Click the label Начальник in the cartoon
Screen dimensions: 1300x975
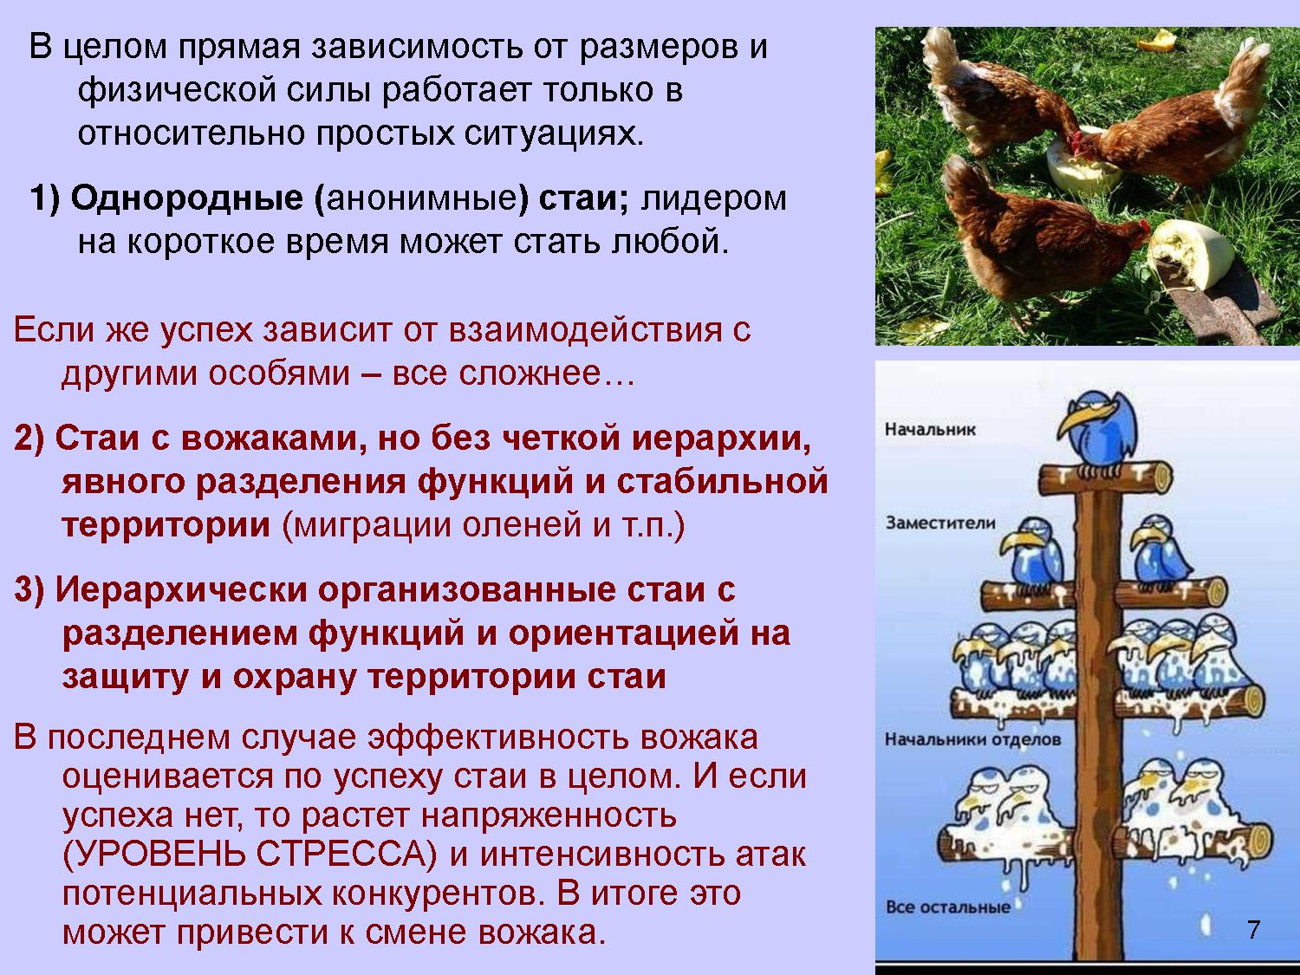[x=929, y=429]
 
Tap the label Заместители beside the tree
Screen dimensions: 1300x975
[x=940, y=523]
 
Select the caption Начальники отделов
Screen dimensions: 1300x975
[x=973, y=739]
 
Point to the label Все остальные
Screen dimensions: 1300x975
[x=947, y=907]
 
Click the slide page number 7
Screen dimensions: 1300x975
[x=1253, y=930]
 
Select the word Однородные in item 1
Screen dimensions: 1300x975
[x=186, y=198]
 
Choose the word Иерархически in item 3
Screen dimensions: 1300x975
[x=180, y=590]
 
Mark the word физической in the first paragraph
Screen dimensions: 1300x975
[x=177, y=91]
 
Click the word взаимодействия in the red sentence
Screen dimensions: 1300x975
[x=585, y=330]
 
